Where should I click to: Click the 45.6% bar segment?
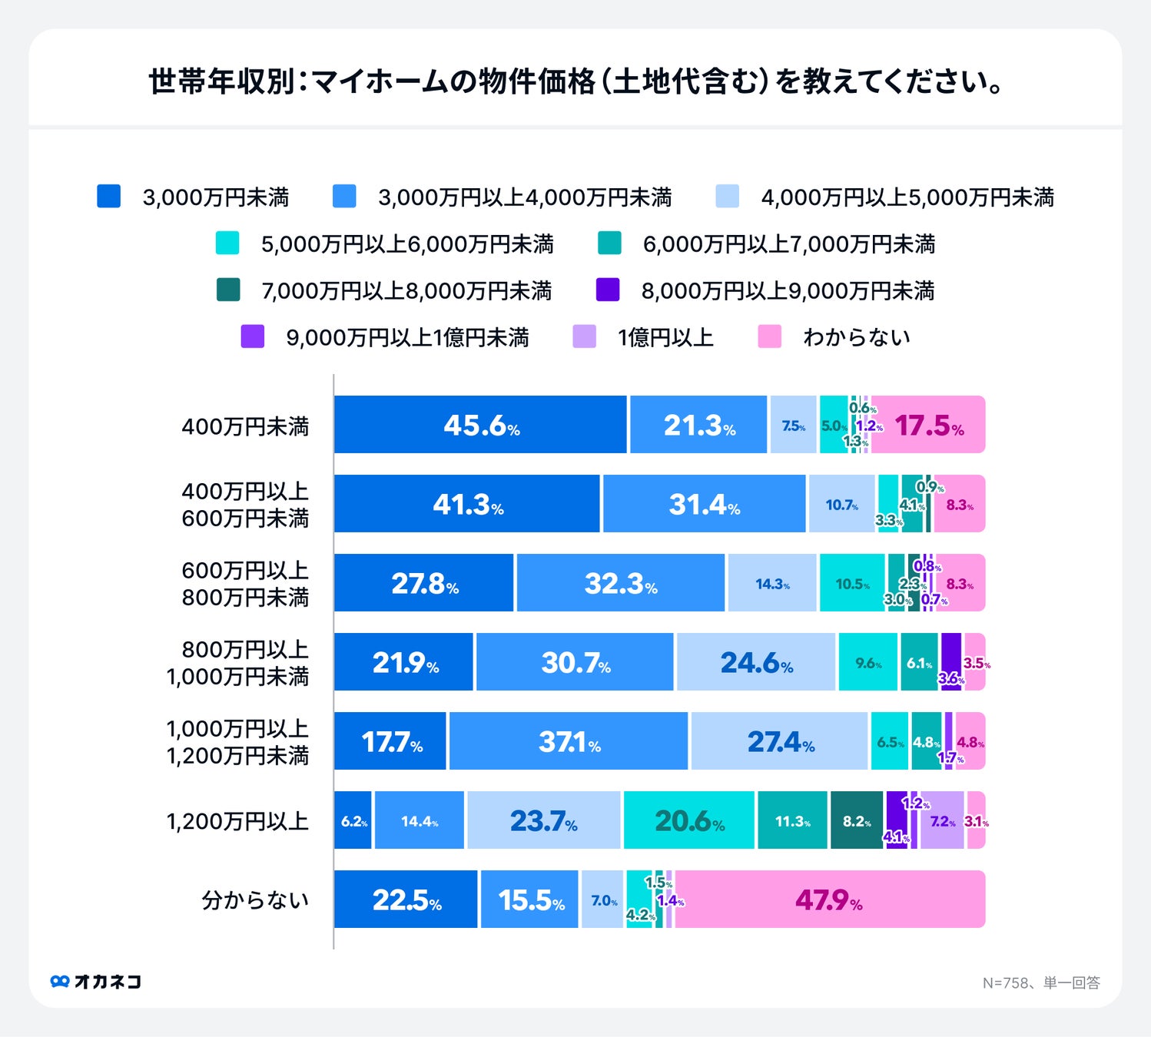coord(480,425)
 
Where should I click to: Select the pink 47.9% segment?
coord(830,899)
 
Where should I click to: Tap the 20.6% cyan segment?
coord(689,820)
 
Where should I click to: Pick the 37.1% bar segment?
coord(569,741)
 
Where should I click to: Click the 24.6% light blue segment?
coord(755,662)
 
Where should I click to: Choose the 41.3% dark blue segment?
coord(466,504)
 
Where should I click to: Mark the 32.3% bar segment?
coord(620,583)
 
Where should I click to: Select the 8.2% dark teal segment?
coord(857,820)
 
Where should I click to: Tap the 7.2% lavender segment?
coord(942,820)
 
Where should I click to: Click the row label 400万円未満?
coord(245,426)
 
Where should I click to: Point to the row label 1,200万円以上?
coord(237,821)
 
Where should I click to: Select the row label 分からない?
coord(255,900)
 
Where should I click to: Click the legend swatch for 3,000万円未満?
coord(109,197)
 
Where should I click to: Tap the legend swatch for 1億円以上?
coord(585,336)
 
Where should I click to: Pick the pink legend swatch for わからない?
coord(769,336)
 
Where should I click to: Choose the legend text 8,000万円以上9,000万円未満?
coord(788,291)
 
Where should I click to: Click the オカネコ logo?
coord(96,982)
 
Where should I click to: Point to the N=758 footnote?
coord(1041,982)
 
